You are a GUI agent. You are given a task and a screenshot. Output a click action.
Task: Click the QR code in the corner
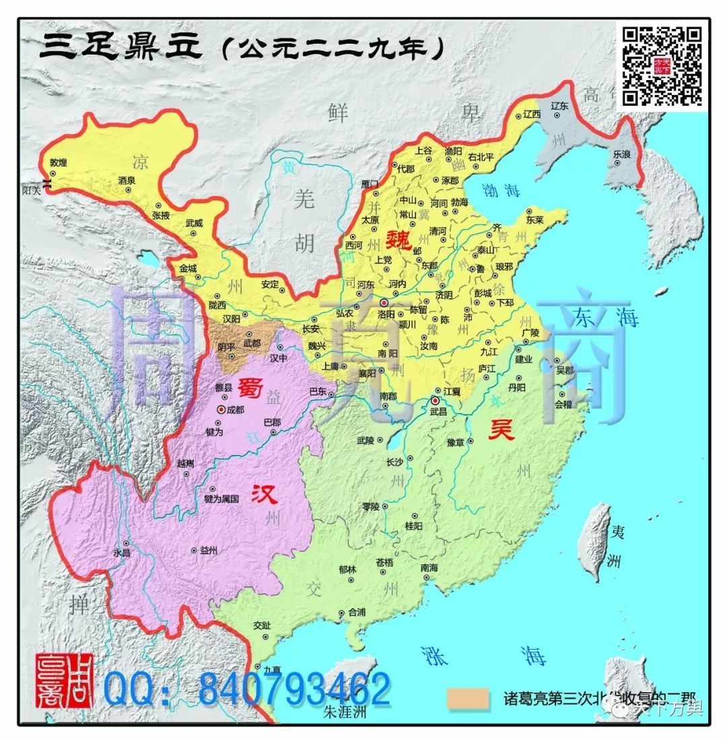[x=662, y=65]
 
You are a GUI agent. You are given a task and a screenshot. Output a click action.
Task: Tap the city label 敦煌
[x=59, y=163]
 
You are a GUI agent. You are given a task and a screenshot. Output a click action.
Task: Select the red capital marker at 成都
[x=221, y=409]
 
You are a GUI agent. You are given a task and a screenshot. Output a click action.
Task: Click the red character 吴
[x=501, y=429]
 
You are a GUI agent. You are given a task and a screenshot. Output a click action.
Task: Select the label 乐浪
[x=622, y=154]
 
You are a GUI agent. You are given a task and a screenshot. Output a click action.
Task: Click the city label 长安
[x=310, y=329]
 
